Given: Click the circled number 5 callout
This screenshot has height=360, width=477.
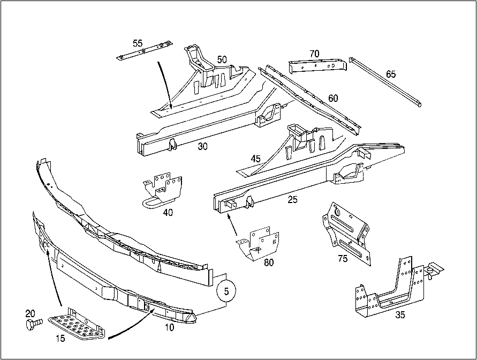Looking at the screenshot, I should (226, 292).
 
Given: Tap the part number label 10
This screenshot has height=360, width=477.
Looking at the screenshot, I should (169, 327).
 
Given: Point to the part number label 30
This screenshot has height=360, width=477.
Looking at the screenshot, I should (202, 146).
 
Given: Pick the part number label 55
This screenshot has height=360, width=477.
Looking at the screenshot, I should (138, 43).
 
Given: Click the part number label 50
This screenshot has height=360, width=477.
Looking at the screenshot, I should (222, 58).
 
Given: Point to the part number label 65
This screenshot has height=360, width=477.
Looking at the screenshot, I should (391, 74).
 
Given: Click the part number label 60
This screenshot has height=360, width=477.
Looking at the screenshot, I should (333, 98).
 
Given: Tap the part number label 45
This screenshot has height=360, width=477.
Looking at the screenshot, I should (255, 158).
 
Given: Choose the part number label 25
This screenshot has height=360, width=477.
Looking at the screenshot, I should (293, 200).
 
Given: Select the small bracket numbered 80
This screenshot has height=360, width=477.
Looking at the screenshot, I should (260, 244).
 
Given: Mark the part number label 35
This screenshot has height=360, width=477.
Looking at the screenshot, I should (400, 315).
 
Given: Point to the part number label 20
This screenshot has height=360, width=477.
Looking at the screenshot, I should (30, 313).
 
